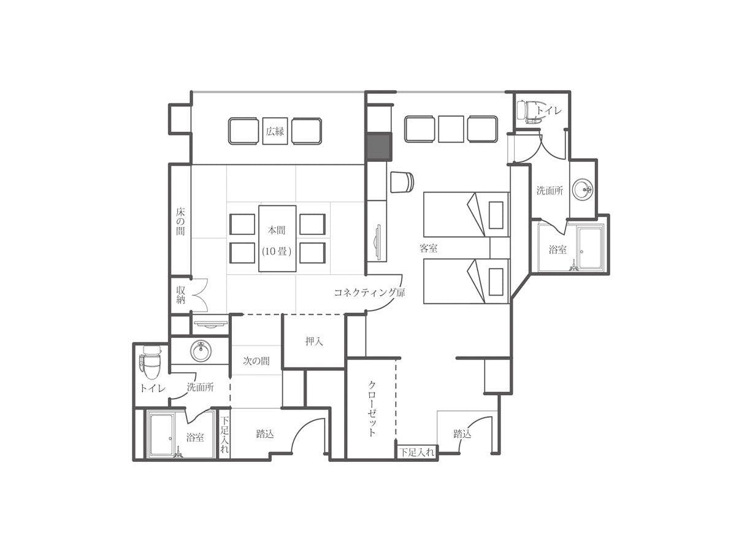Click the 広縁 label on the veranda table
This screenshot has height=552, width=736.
coord(275,131)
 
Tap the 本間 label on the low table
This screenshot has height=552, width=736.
coord(277,230)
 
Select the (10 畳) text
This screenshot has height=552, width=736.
coord(277,251)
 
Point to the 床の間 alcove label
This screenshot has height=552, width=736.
coord(180,221)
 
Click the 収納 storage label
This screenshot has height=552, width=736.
coord(181,295)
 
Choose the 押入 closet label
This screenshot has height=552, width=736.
coord(314,342)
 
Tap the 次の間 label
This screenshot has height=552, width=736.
coord(256,361)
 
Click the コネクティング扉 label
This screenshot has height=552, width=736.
coord(369,293)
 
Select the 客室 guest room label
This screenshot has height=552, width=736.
coord(429,248)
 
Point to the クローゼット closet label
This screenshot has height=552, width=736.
coord(372,408)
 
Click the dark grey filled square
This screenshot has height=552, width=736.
coord(379,147)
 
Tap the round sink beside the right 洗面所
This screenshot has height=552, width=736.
coord(583,190)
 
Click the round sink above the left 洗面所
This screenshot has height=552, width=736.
coord(201,351)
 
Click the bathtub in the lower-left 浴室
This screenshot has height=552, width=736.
coord(162,435)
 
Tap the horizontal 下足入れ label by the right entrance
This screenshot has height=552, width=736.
coord(418,453)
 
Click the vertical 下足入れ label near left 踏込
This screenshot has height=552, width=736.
coord(225,434)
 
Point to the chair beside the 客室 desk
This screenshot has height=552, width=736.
coord(402,182)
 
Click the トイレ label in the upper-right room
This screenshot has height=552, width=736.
coord(549,110)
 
